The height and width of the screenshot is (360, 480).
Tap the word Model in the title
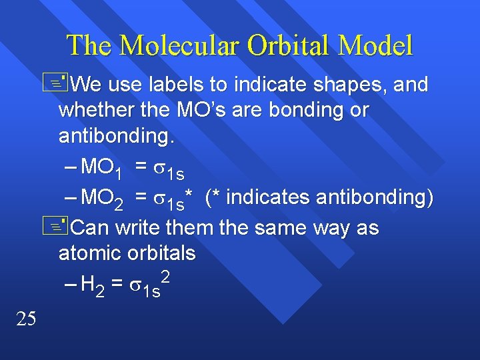375,46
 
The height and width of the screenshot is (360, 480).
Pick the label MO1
101,168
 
